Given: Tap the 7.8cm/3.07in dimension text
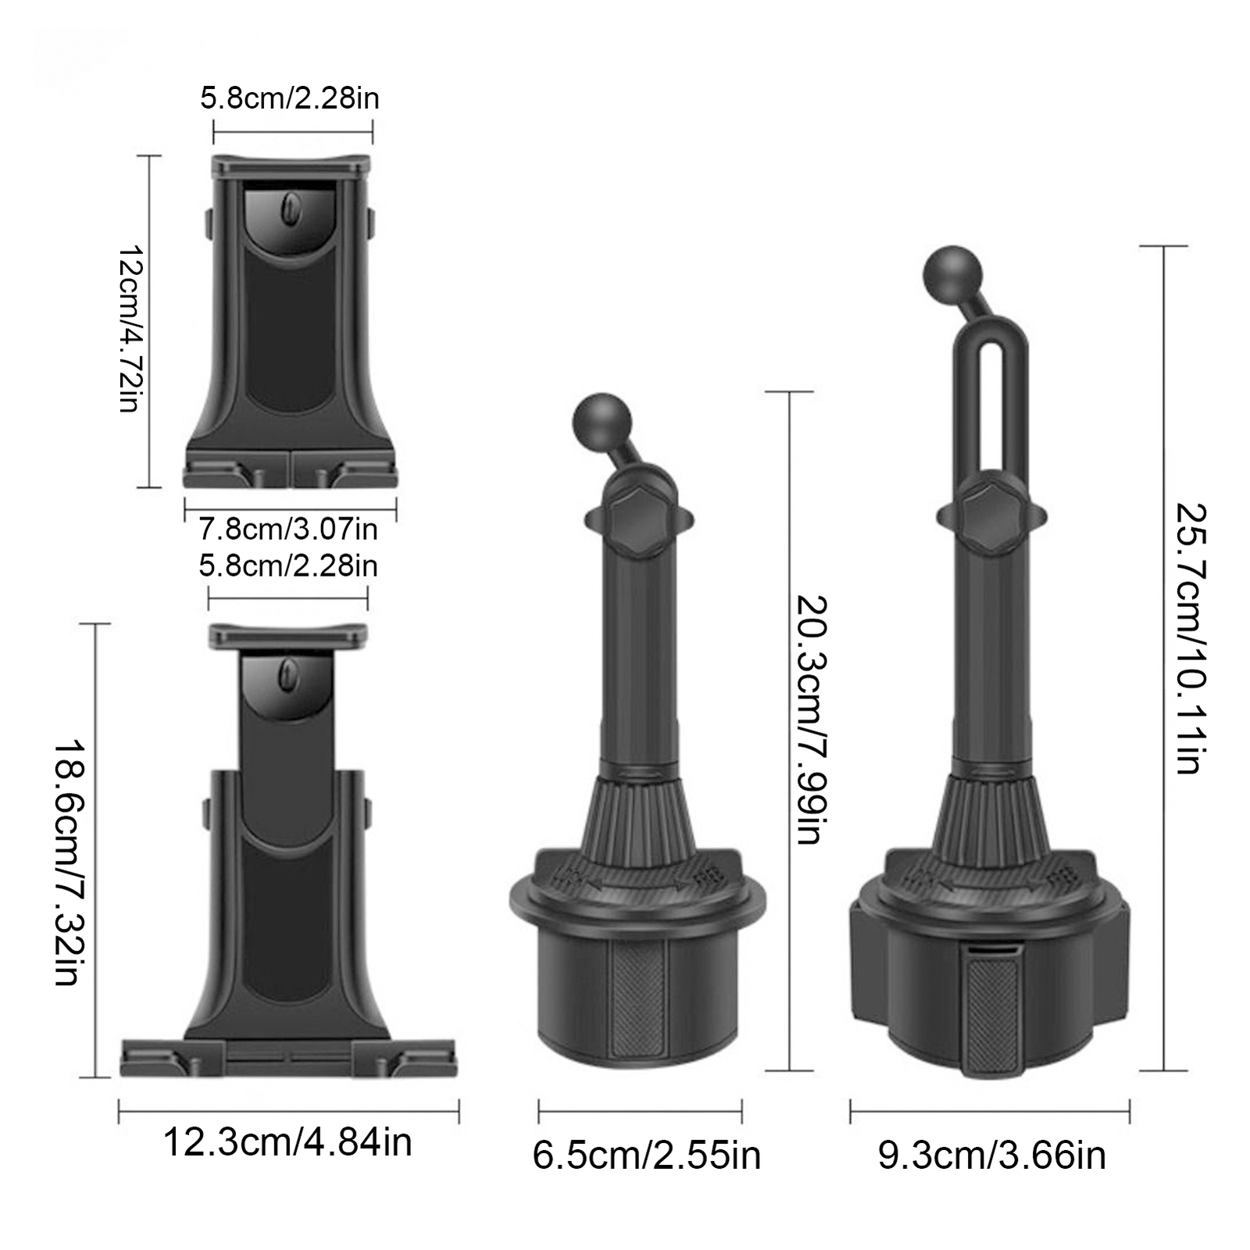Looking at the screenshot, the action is click(288, 529).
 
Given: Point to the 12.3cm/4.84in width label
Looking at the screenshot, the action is click(287, 1142).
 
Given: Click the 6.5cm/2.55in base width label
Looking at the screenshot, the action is click(647, 1155).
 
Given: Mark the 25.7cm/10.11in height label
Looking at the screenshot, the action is click(1191, 639).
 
